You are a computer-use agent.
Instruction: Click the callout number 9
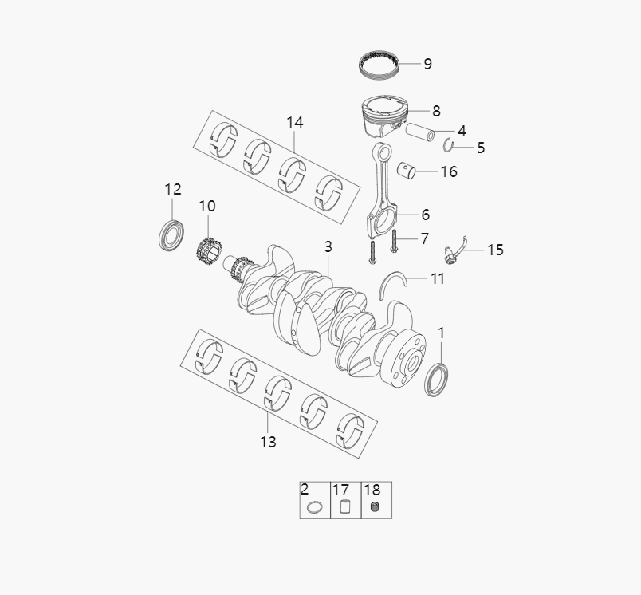tap(427, 64)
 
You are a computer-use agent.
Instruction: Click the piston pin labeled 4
tap(419, 132)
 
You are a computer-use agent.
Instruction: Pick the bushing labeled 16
tap(411, 168)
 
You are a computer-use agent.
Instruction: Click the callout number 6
tap(425, 215)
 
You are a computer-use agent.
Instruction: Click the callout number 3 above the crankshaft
tap(328, 247)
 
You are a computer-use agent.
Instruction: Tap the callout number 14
tap(295, 122)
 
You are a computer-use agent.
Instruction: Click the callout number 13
tap(268, 441)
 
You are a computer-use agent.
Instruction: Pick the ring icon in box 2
tap(315, 507)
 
